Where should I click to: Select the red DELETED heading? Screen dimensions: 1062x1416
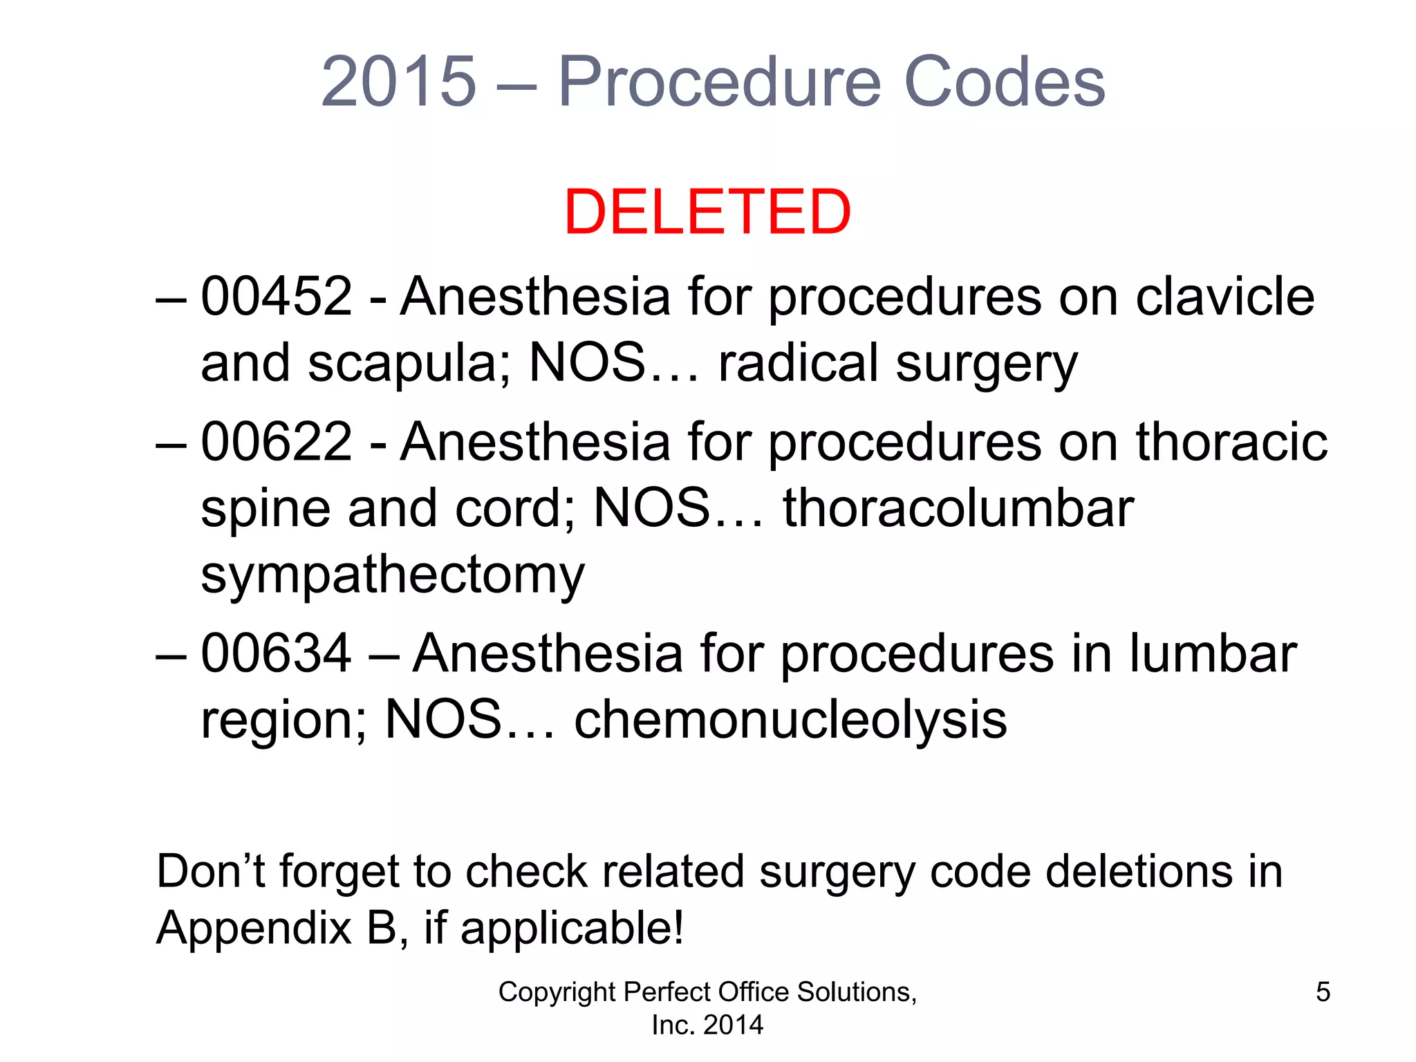click(x=707, y=212)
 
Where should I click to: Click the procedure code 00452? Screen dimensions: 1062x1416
click(x=277, y=297)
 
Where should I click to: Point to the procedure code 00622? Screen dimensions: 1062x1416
click(x=277, y=442)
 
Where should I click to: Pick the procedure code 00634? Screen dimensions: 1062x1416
click(x=277, y=653)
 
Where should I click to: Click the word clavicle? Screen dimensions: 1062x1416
click(x=1224, y=297)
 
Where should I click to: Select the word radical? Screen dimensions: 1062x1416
click(x=799, y=363)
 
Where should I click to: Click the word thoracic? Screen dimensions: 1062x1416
click(x=1231, y=442)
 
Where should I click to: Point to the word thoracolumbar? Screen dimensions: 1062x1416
click(x=958, y=508)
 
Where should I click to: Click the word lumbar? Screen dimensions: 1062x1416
click(x=1213, y=653)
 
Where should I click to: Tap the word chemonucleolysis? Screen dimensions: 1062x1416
click(x=790, y=720)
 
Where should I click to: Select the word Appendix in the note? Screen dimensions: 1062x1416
click(x=254, y=929)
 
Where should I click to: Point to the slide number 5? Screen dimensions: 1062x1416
click(x=1323, y=992)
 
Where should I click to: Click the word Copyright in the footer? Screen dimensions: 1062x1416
click(x=557, y=992)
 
